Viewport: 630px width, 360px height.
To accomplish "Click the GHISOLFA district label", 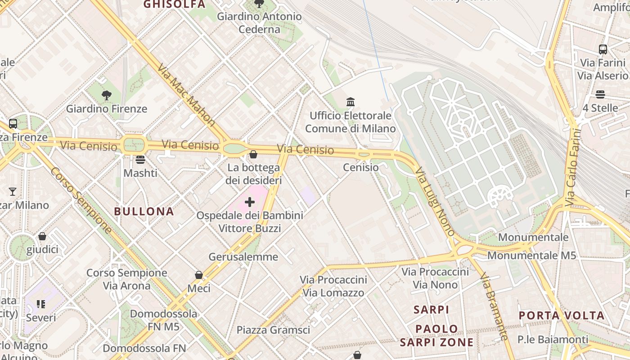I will click(174, 4).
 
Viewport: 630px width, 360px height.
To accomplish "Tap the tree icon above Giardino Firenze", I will click(107, 95).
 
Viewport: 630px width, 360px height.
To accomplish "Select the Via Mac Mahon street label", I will click(187, 94).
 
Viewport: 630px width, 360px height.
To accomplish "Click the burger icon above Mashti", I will click(140, 160).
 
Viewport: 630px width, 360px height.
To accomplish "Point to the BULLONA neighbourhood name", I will click(144, 211).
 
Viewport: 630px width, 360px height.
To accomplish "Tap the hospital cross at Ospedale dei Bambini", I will click(250, 202).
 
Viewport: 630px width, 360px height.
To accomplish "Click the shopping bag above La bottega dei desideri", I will click(253, 154).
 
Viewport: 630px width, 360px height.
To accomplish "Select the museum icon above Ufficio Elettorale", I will click(351, 102).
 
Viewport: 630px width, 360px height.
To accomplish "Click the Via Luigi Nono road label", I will click(435, 202).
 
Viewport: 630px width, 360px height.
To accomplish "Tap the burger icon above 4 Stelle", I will click(600, 94).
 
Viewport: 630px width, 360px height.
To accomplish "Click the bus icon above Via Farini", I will click(603, 49).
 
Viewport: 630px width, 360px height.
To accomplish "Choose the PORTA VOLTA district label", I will click(561, 315).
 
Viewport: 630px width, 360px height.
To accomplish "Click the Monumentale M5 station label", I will click(531, 256).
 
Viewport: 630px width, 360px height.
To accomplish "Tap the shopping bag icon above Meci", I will click(199, 274).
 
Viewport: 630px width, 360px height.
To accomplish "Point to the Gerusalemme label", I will click(243, 257).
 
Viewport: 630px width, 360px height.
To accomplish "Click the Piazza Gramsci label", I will click(273, 330).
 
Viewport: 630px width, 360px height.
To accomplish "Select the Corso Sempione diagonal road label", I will click(81, 201).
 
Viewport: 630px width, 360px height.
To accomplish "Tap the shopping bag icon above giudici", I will click(42, 236).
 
